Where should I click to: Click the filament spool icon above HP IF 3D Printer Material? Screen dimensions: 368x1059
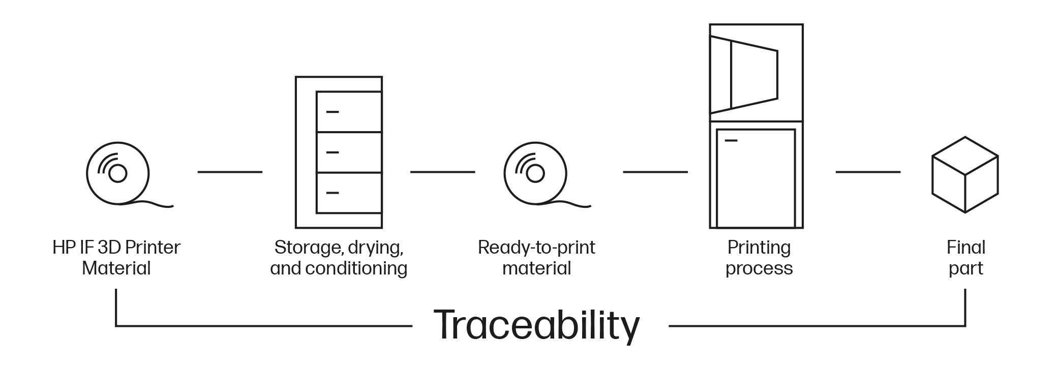click(x=118, y=174)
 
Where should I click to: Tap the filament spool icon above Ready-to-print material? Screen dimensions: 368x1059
click(x=535, y=174)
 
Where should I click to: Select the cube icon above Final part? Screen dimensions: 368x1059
click(x=964, y=174)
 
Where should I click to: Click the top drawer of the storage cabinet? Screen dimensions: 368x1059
click(x=349, y=112)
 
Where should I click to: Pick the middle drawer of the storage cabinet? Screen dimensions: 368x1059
click(x=349, y=152)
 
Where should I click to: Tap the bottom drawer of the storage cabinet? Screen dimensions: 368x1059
click(x=349, y=193)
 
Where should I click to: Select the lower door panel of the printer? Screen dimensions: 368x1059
click(x=755, y=178)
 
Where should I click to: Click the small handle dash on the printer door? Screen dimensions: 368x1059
click(x=731, y=140)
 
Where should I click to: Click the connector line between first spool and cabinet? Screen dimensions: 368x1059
click(x=230, y=172)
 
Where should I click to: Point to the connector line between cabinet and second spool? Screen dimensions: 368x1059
click(x=442, y=172)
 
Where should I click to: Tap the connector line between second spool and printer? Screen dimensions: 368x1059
click(x=655, y=172)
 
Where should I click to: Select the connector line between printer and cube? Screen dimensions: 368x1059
click(x=868, y=172)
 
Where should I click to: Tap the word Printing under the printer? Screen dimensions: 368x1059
click(x=759, y=248)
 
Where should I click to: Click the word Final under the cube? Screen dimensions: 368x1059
click(x=965, y=248)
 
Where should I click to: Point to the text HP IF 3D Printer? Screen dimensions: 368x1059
click(x=116, y=248)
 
